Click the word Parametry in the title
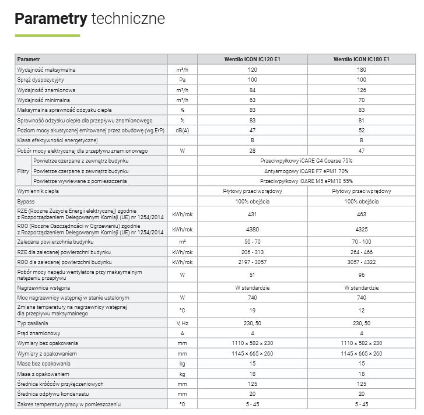[51, 19]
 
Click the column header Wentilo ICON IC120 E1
[252, 59]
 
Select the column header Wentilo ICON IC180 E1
[362, 59]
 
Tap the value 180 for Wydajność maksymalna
[362, 69]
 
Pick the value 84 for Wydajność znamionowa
[252, 90]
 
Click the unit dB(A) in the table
[182, 130]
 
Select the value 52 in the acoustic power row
[362, 130]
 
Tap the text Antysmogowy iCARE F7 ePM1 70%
[307, 171]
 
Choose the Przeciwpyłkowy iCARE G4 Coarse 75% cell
[307, 160]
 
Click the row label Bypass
[26, 201]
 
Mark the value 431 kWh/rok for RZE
[252, 214]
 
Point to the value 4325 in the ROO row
[362, 229]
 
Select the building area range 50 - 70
[252, 241]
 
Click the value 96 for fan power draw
[362, 275]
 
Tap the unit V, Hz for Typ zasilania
[182, 323]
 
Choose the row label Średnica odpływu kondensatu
[52, 393]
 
